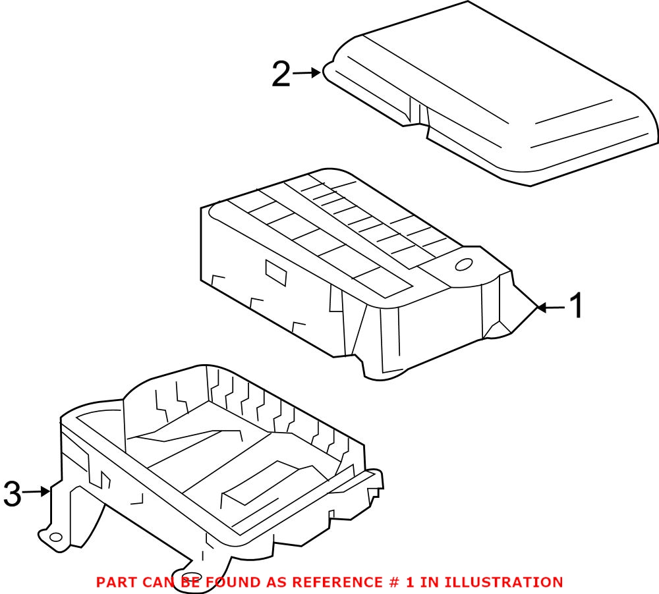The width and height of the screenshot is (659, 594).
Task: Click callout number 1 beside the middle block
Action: click(575, 306)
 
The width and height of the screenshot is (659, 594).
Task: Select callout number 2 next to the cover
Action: click(281, 74)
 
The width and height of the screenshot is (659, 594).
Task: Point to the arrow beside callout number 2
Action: click(306, 73)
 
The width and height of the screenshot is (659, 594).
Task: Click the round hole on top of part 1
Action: click(464, 265)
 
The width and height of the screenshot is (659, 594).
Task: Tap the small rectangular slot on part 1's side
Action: click(275, 273)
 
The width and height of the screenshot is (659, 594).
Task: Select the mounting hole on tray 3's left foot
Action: click(56, 537)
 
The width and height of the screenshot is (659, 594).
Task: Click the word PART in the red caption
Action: click(116, 582)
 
